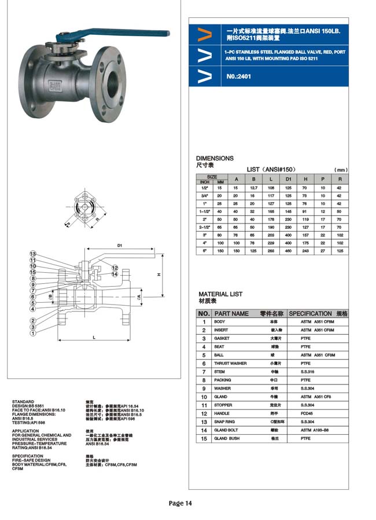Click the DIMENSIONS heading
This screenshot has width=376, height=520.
(x=215, y=158)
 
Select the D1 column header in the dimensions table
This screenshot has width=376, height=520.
(x=288, y=179)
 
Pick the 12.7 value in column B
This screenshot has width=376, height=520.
(x=253, y=188)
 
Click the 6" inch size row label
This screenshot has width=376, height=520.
(x=204, y=251)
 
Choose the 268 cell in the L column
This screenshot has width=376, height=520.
(x=271, y=251)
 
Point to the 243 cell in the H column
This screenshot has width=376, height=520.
(x=305, y=251)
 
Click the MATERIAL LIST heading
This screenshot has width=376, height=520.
(x=220, y=294)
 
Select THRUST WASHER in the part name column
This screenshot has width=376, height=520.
(x=230, y=363)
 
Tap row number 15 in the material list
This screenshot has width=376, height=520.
(x=204, y=439)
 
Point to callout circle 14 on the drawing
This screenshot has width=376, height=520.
(x=115, y=274)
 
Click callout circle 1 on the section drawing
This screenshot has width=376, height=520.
(x=33, y=333)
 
